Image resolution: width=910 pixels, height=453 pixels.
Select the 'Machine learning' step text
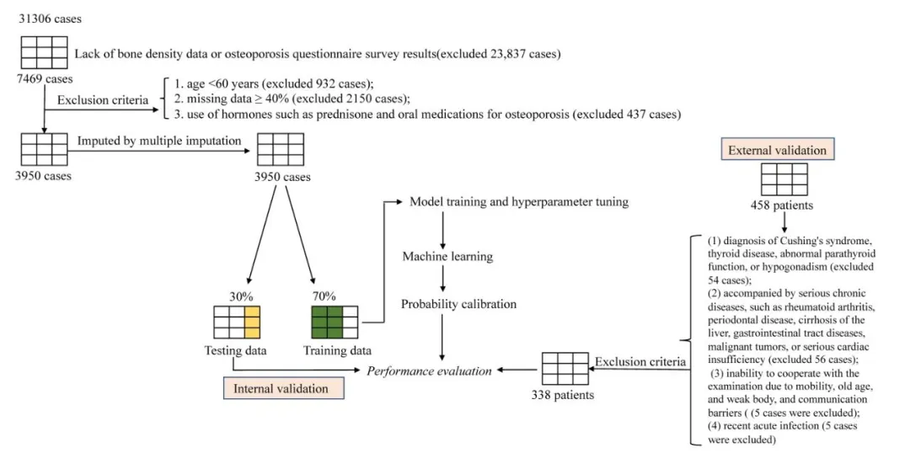447,256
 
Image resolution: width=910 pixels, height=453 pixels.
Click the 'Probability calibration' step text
458,304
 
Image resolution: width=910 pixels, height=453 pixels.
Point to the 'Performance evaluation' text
430,370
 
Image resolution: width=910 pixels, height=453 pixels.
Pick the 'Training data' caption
336,351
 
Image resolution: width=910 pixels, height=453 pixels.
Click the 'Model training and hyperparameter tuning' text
518,202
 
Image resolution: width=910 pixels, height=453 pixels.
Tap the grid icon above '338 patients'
565,368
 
